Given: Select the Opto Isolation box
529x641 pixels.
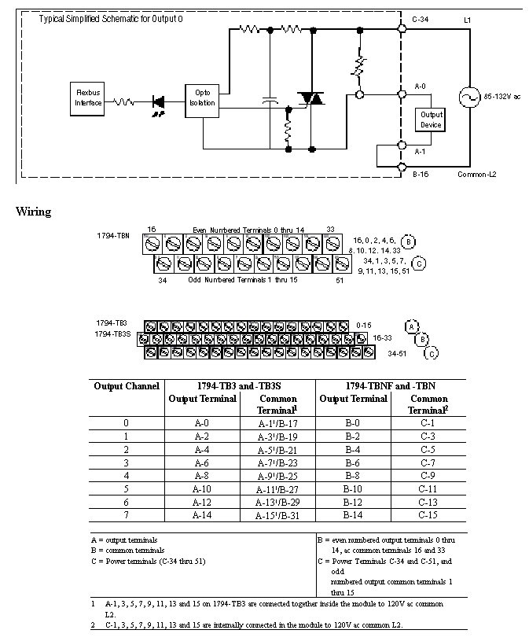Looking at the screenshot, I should pos(202,98).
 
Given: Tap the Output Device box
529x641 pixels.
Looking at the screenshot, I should pos(432,120).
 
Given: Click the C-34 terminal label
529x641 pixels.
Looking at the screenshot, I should pos(422,18).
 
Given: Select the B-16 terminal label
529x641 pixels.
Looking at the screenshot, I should pos(422,174).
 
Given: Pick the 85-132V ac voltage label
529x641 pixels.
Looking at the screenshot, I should pos(504,96).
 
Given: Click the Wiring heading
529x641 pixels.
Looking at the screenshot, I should pos(33,212).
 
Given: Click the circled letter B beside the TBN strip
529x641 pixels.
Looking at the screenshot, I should pos(410,241).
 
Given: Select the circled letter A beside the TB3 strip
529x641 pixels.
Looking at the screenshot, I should pos(410,326).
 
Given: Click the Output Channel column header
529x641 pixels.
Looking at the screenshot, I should pos(127,385).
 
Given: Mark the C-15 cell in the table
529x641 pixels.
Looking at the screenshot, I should pos(428,515).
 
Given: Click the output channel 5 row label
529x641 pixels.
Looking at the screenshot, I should pos(127,488).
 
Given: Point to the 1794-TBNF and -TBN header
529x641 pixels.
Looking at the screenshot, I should pos(391,385).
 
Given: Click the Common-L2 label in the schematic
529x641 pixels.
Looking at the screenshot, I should pos(477,174).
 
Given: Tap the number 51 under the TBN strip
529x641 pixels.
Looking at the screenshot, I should pos(340,279).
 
